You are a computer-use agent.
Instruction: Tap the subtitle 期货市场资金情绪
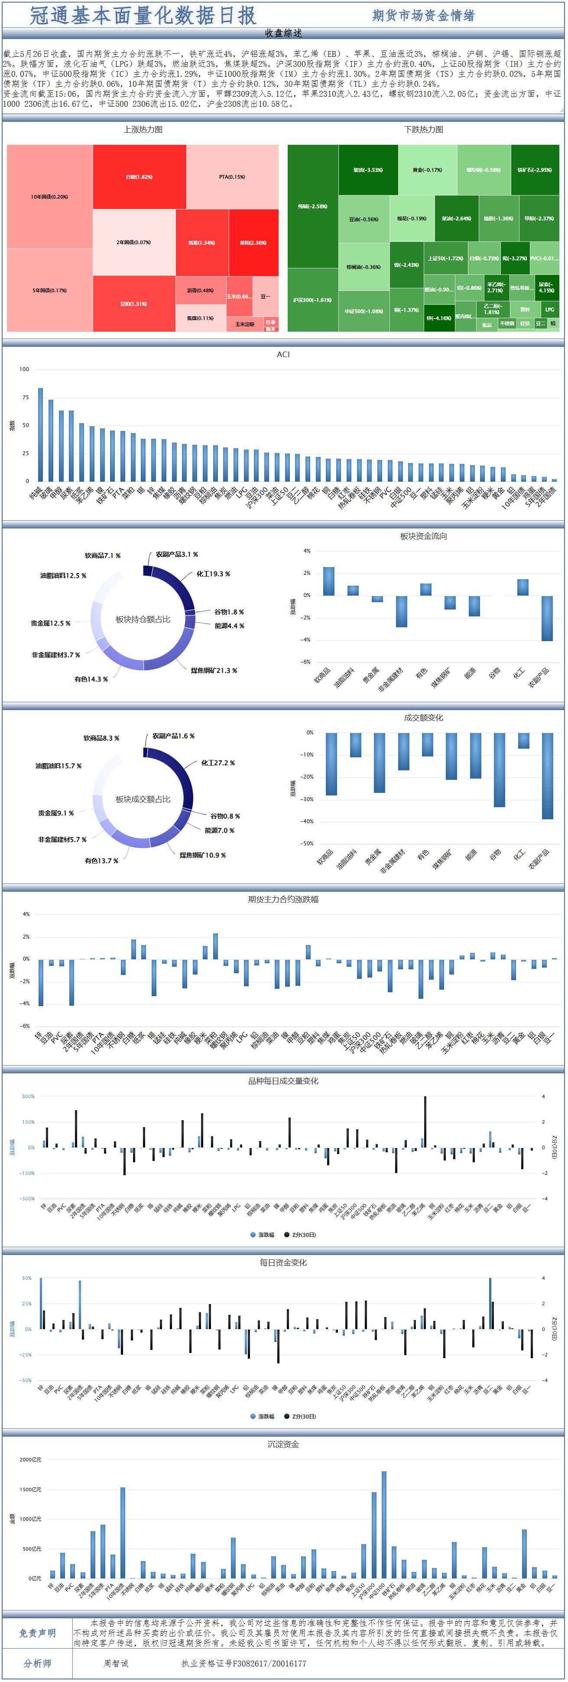[x=423, y=16]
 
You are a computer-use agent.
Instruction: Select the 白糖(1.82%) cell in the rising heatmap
[x=139, y=177]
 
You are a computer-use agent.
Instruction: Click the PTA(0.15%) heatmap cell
[x=232, y=177]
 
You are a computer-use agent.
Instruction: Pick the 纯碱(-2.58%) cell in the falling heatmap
[x=313, y=206]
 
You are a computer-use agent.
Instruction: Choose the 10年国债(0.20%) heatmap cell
[x=50, y=196]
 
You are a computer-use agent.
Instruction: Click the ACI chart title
[x=283, y=355]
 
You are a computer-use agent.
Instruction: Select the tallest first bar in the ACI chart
[x=40, y=434]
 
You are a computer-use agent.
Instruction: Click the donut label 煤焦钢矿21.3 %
[x=214, y=671]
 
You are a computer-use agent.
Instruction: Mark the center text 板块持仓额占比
[x=143, y=619]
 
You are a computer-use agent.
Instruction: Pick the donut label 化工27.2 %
[x=217, y=763]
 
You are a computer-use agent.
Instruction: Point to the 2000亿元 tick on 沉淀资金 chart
[x=30, y=1459]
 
